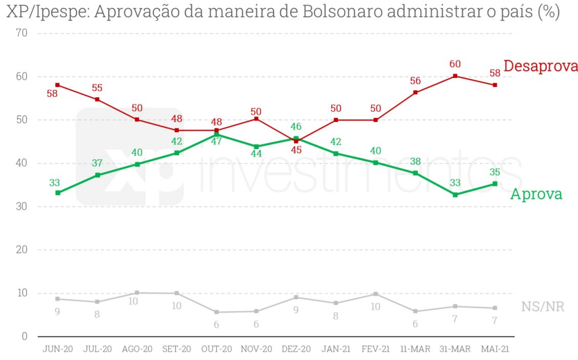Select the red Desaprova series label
coord(541,66)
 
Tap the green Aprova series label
coord(536,194)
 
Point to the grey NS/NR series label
coord(543,307)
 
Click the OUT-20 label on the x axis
coord(217,349)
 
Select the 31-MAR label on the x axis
coord(455,349)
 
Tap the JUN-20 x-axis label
coord(57,349)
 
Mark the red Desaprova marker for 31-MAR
coord(455,76)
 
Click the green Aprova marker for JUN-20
coord(58,193)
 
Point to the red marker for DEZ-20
coord(296,141)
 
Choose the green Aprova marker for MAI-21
coord(495,183)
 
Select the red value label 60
coord(455,65)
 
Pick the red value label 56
coord(415,81)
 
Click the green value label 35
coord(494,172)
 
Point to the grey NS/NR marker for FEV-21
coord(375,294)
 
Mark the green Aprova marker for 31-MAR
coord(455,195)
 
